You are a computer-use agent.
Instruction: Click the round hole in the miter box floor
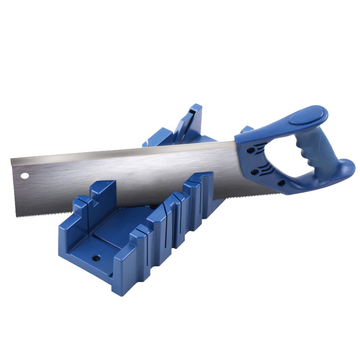coord(96,258)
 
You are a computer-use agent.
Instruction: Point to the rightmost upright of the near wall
coord(207,194)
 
